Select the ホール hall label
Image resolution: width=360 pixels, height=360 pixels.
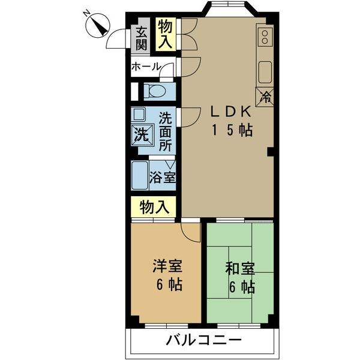click(146, 67)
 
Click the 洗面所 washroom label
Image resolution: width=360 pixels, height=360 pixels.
click(166, 131)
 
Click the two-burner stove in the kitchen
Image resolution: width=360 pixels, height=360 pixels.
click(264, 37)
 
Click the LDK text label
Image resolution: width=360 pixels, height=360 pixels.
click(230, 112)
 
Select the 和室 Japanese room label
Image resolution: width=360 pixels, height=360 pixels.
click(239, 268)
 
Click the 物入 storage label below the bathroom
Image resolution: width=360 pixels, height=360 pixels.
click(154, 207)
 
